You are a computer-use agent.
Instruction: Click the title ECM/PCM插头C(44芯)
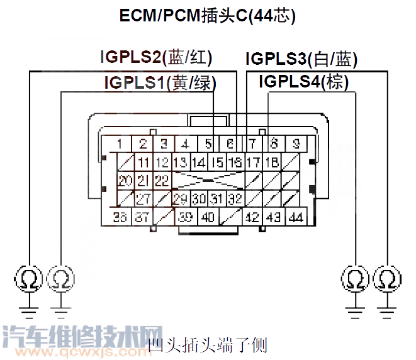pyautogui.click(x=208, y=15)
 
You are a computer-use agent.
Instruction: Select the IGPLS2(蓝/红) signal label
pyautogui.click(x=156, y=58)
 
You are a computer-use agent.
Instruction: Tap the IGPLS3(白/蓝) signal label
pyautogui.click(x=301, y=60)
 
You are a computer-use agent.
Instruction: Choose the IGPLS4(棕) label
pyautogui.click(x=303, y=82)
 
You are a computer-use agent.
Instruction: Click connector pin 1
pyautogui.click(x=119, y=143)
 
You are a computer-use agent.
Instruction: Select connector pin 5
pyautogui.click(x=208, y=143)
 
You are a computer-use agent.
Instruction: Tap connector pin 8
pyautogui.click(x=274, y=143)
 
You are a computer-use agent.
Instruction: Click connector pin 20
pyautogui.click(x=125, y=181)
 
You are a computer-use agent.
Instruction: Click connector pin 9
pyautogui.click(x=296, y=143)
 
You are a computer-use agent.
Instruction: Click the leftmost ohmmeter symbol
pyautogui.click(x=30, y=278)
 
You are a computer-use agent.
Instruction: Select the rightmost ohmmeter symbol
pyautogui.click(x=386, y=278)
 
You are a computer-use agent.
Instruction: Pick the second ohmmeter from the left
pyautogui.click(x=60, y=278)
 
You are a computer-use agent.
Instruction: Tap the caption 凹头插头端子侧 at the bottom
pyautogui.click(x=208, y=345)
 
